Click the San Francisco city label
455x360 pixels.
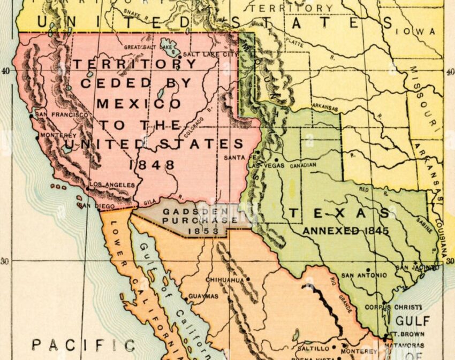pyautogui.click(x=62, y=114)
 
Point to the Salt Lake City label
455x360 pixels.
pyautogui.click(x=210, y=54)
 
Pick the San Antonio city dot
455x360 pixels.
pyautogui.click(x=368, y=270)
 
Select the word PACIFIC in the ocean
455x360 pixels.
pyautogui.click(x=83, y=345)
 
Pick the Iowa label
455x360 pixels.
pyautogui.click(x=422, y=32)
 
